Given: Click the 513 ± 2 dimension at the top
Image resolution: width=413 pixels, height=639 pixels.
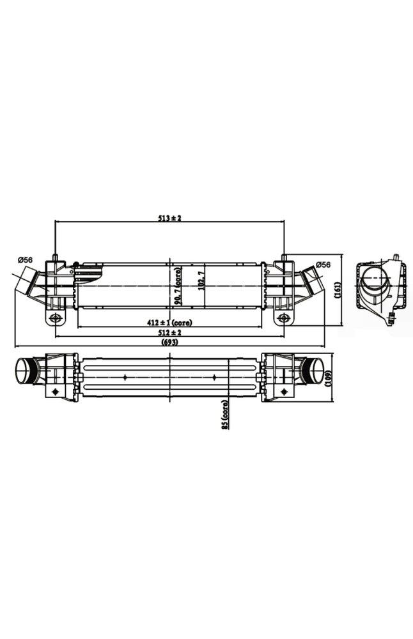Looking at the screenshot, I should [x=170, y=218].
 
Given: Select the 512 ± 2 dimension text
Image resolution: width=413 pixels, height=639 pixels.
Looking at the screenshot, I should [x=170, y=332].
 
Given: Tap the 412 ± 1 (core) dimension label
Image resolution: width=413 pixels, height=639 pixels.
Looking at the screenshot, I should [x=170, y=322].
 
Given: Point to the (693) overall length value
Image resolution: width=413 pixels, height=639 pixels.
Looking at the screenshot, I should [x=170, y=343].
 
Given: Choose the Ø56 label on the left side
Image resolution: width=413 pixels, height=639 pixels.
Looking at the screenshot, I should [x=26, y=259].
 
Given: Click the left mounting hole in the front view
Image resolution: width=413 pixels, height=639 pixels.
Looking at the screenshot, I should [x=56, y=318].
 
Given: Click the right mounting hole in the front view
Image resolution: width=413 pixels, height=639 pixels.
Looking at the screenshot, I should [x=283, y=318].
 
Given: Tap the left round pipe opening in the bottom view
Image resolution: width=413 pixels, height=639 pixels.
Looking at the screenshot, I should [x=25, y=372].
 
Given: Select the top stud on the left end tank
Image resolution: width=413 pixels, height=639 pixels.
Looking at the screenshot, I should [x=56, y=258].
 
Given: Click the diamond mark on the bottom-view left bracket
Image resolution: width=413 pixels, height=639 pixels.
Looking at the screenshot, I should [x=56, y=391].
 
